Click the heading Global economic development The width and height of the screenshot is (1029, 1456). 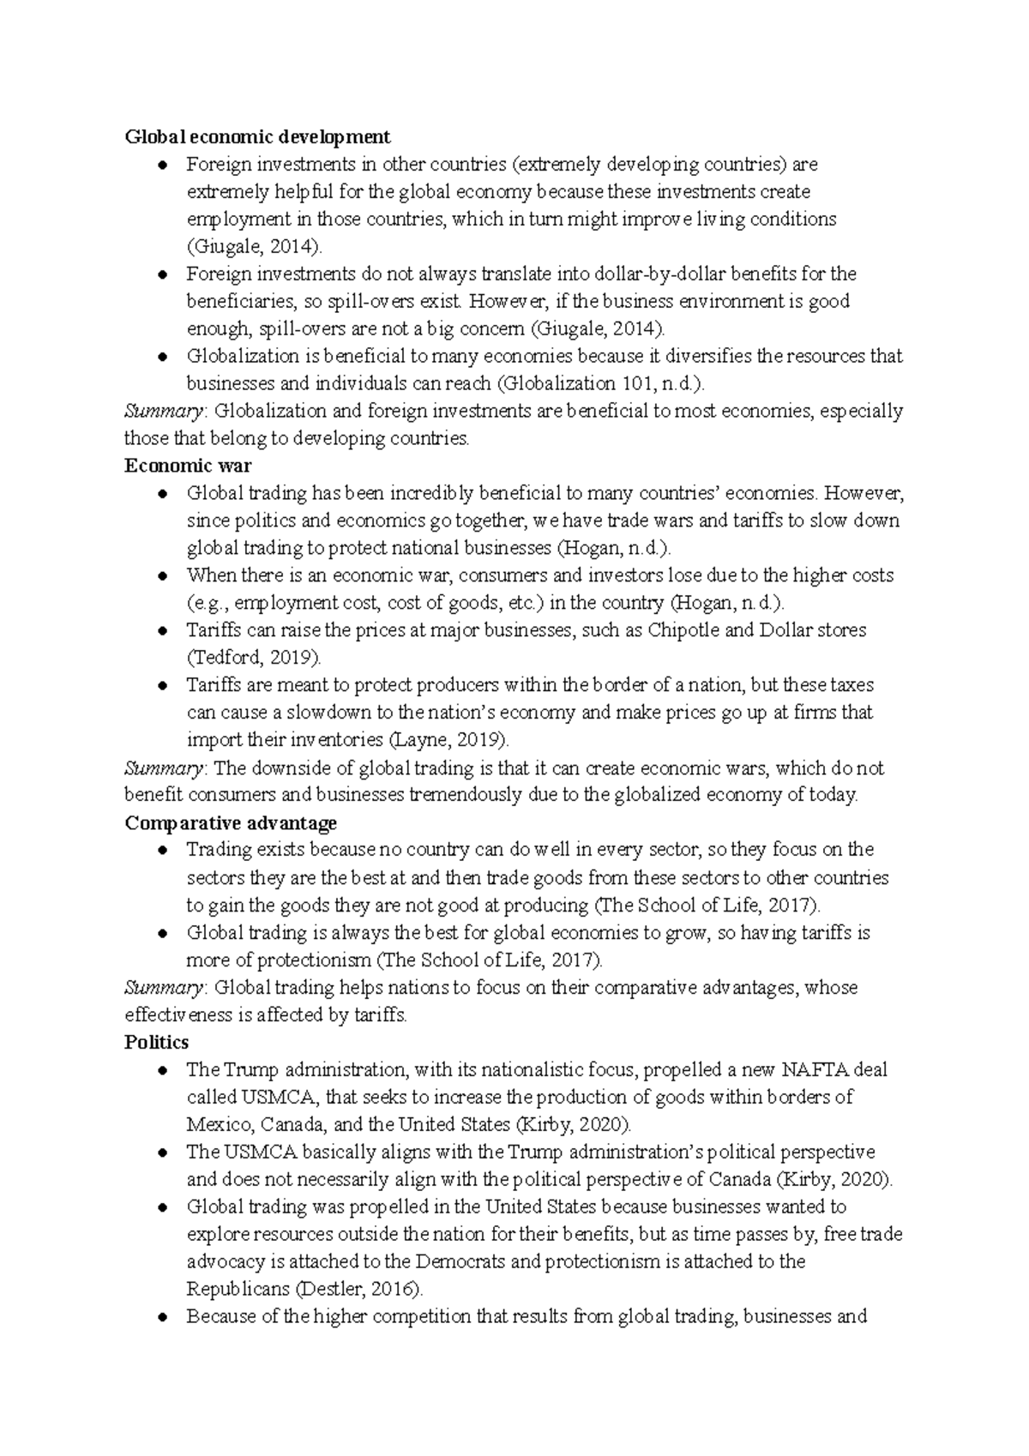(257, 137)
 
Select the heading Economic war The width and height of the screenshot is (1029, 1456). (188, 466)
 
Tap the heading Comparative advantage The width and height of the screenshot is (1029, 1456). (231, 823)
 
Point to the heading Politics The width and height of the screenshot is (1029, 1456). (156, 1043)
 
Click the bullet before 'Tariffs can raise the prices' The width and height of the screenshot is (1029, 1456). (163, 631)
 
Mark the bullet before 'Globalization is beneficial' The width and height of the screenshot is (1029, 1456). (163, 357)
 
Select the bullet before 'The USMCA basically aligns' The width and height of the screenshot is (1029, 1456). (163, 1152)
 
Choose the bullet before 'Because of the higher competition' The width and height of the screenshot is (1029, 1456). (163, 1317)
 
